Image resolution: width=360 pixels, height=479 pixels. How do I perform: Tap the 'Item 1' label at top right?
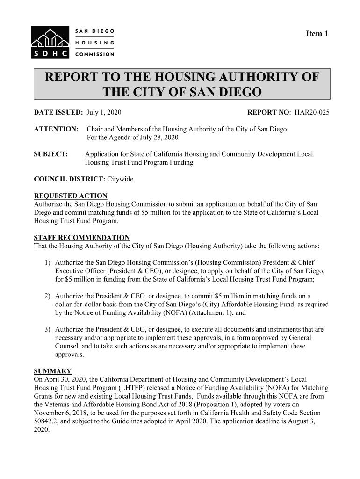point(317,34)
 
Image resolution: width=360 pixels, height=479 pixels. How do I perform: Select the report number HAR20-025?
point(311,113)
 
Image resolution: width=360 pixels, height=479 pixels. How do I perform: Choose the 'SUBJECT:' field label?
point(51,154)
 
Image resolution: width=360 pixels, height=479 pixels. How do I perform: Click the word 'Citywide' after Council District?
point(120,180)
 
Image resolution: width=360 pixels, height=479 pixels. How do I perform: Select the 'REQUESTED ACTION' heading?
point(71,196)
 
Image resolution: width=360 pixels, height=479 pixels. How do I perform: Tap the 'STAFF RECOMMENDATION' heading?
point(82,238)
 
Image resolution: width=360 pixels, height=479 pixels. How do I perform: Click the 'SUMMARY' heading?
point(53,371)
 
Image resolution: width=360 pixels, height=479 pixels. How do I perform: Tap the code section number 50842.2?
point(49,421)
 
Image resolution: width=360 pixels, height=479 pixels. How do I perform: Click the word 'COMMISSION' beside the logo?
point(94,54)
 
